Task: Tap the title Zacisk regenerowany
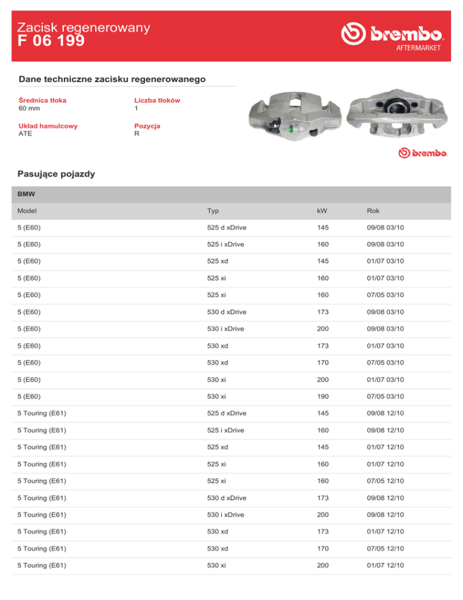click(x=84, y=27)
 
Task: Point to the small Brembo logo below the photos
click(x=422, y=153)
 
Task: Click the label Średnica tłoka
click(x=43, y=100)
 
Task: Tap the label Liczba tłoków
click(x=157, y=100)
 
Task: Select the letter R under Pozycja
click(x=137, y=134)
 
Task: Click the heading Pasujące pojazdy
click(x=57, y=174)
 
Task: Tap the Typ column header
click(x=213, y=212)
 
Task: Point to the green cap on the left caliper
click(x=291, y=129)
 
